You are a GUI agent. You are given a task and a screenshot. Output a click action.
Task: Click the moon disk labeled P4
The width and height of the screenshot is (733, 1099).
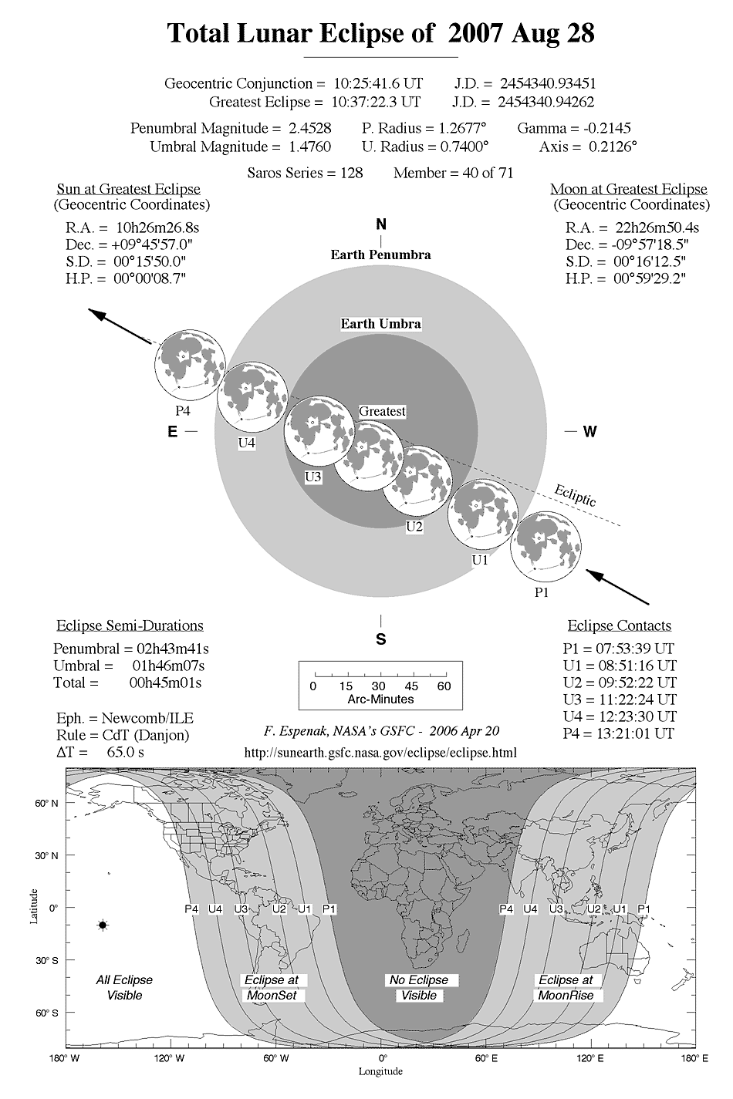[189, 364]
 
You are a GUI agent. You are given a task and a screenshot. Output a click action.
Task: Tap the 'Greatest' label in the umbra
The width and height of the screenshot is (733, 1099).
[382, 412]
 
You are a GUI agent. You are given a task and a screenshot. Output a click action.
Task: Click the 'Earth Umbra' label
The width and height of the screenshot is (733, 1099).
[381, 324]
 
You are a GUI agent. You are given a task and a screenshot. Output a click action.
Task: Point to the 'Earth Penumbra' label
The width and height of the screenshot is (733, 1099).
[380, 255]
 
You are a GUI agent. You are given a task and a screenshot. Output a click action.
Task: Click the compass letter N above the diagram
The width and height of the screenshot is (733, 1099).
[380, 225]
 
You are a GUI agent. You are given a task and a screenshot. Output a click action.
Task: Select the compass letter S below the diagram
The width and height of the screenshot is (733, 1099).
[380, 639]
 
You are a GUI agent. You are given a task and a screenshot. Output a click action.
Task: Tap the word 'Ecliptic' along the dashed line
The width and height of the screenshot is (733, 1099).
[576, 495]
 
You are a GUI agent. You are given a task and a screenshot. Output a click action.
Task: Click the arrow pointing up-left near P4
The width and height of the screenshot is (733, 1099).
[119, 326]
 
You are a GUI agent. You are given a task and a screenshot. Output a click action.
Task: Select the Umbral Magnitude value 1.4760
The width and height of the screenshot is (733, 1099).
[316, 147]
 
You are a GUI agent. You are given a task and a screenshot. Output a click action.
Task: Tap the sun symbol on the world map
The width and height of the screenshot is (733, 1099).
[103, 925]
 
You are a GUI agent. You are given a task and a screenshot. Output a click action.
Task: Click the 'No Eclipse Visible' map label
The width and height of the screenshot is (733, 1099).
[418, 987]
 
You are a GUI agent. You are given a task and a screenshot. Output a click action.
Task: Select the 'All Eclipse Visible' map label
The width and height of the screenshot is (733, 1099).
[124, 987]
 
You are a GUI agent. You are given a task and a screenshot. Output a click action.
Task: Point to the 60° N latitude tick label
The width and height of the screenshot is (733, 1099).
[47, 804]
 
